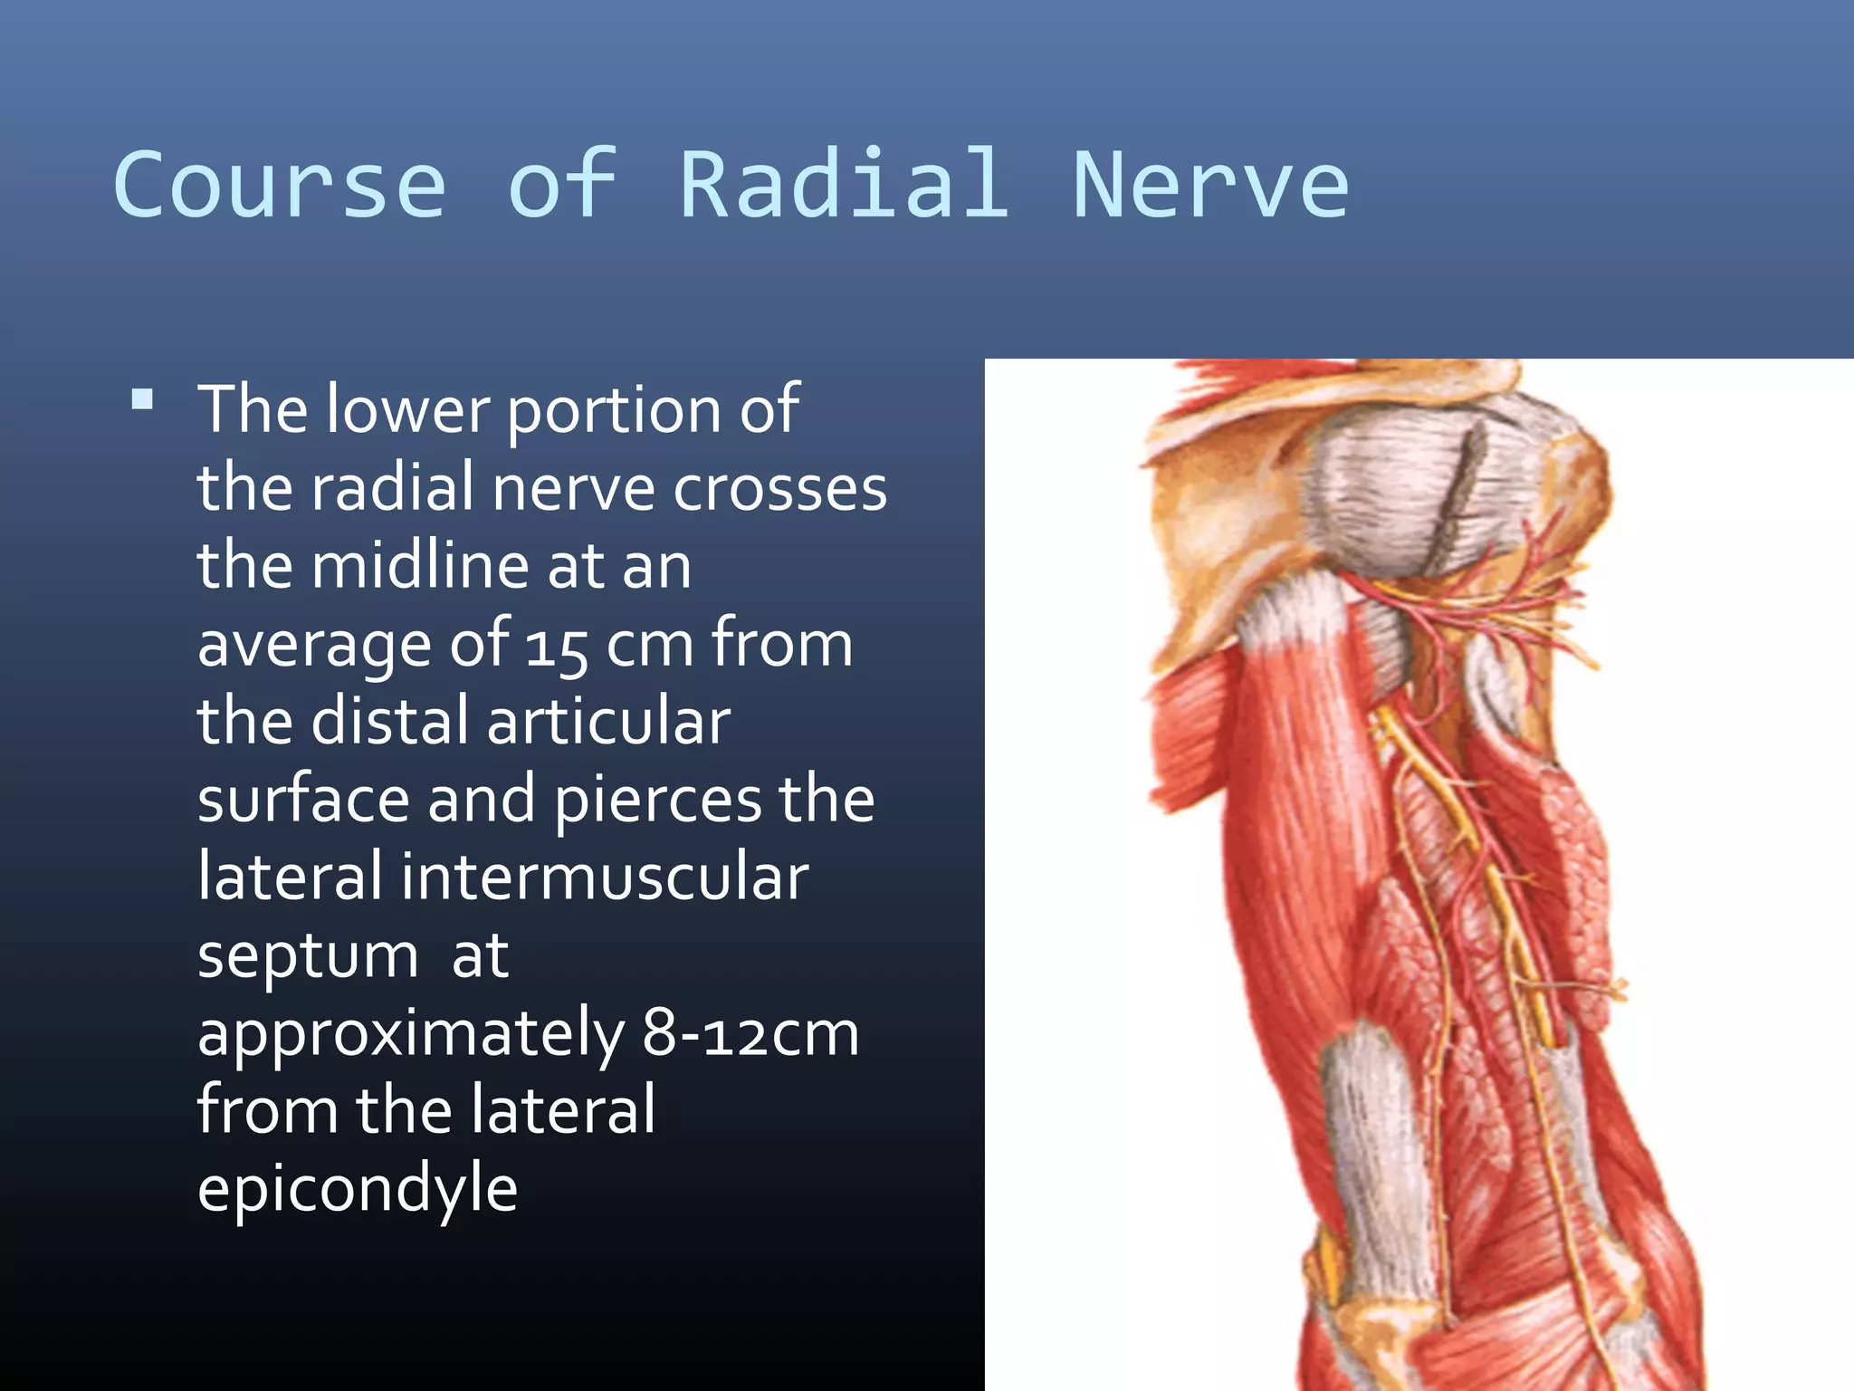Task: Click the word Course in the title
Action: click(280, 186)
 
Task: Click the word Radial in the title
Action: click(844, 186)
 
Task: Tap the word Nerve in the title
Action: click(1210, 186)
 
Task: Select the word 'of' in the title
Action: click(562, 186)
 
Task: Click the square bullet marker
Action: click(142, 399)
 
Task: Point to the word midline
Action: click(422, 566)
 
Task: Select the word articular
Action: click(608, 722)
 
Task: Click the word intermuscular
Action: click(605, 878)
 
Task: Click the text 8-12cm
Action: click(750, 1033)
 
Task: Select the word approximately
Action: click(411, 1035)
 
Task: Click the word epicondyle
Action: click(358, 1190)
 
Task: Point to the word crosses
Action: click(779, 489)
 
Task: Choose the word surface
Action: click(301, 801)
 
